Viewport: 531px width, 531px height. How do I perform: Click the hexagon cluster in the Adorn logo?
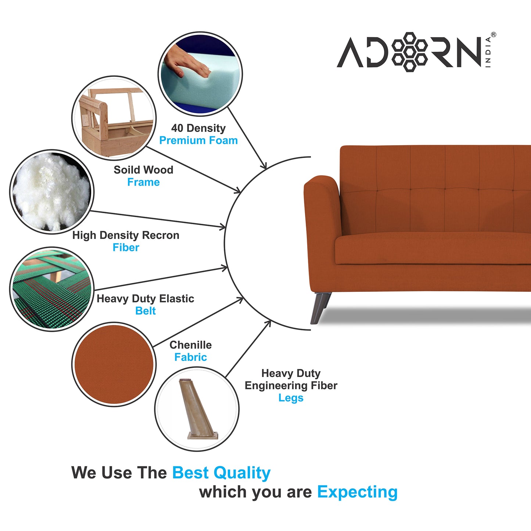click(x=410, y=52)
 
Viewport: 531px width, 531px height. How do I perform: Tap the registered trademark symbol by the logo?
click(x=493, y=35)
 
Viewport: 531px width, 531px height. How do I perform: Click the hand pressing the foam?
click(x=187, y=63)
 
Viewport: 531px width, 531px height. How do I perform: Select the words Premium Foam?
click(x=198, y=140)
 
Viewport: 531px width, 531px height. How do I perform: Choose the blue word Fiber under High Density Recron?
click(x=126, y=248)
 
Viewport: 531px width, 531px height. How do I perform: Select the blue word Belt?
click(x=146, y=311)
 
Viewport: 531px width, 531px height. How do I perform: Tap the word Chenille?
click(x=190, y=345)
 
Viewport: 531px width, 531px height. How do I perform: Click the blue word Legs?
click(x=291, y=398)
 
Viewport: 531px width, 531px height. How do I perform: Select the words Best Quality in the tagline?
click(x=221, y=473)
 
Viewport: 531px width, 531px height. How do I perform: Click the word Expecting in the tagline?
click(x=357, y=492)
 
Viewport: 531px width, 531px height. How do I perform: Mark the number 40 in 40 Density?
click(x=177, y=128)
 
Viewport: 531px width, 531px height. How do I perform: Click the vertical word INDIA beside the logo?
click(x=488, y=52)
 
